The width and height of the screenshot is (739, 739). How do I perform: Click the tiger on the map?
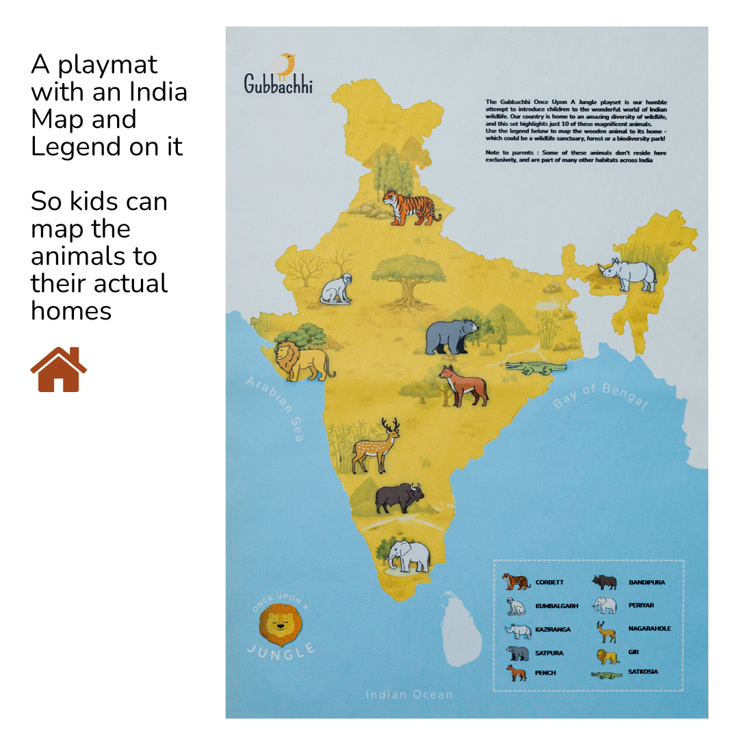point(411,207)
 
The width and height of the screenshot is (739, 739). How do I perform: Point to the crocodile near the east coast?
point(536,369)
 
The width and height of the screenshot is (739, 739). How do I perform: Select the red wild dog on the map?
point(464,385)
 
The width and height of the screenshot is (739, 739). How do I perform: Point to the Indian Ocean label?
point(409,695)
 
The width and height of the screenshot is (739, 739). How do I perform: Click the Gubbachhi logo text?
point(278,83)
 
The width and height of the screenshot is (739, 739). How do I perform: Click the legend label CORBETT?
point(549,582)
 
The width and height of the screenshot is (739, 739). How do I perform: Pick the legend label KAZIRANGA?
point(552,629)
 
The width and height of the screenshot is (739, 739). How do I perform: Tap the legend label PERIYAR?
point(641,606)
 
